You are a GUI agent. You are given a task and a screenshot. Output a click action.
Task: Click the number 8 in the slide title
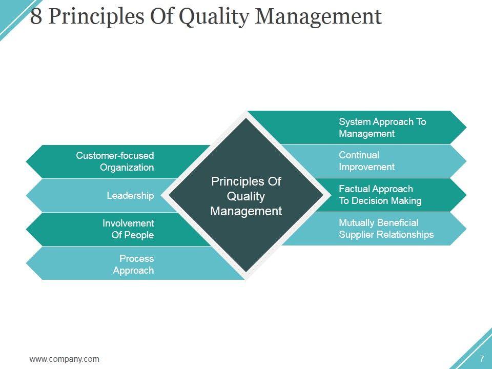36,16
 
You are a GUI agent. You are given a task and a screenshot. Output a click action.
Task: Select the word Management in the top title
319,17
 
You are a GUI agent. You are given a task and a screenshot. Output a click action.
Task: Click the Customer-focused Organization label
115,161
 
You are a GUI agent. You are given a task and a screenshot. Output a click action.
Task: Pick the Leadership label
130,195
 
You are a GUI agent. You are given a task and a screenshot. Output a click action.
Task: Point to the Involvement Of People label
128,229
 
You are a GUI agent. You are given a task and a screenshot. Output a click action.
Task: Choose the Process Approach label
133,264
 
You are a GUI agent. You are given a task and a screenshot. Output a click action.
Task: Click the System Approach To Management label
382,128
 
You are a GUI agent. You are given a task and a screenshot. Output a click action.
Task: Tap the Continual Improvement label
366,161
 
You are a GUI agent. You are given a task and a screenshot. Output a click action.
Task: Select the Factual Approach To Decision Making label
380,195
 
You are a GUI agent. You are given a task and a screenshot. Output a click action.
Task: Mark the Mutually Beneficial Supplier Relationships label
386,229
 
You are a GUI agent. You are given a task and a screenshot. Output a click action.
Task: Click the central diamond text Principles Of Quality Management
246,196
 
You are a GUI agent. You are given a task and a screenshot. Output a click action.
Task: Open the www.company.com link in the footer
65,359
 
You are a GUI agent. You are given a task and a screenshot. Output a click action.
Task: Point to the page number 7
482,358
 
